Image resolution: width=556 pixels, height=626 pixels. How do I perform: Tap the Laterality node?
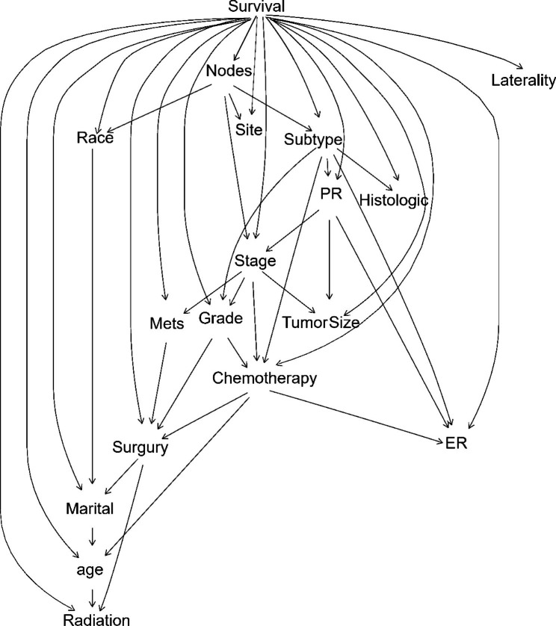click(524, 79)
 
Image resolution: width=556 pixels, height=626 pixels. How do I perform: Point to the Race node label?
click(95, 137)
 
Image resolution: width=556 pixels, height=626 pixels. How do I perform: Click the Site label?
click(249, 130)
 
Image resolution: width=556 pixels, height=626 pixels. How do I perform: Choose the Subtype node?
click(313, 139)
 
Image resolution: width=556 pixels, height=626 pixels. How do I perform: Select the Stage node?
click(256, 261)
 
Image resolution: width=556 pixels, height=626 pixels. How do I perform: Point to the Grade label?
click(221, 319)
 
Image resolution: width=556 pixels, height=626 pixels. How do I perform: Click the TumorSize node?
click(321, 323)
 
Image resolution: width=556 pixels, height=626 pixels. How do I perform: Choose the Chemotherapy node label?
click(265, 378)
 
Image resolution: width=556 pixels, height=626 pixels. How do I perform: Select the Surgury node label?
click(140, 448)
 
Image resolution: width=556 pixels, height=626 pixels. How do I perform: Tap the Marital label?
click(90, 510)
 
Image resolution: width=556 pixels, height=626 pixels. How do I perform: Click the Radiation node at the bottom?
click(90, 618)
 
